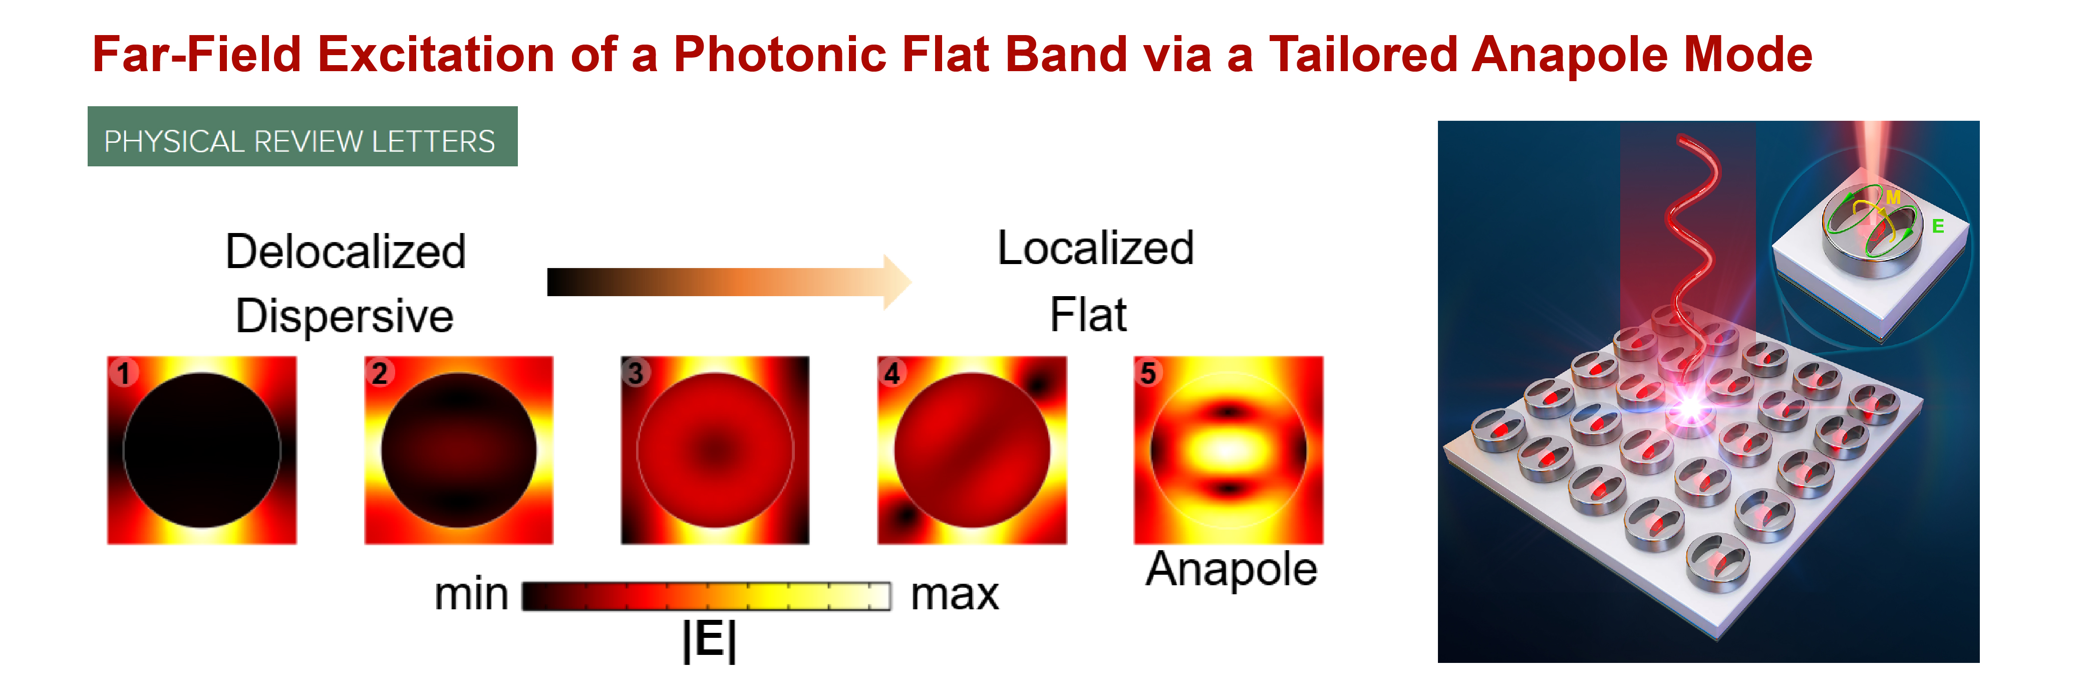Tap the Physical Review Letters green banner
tap(302, 136)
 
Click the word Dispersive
tap(344, 316)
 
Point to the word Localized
tap(1095, 248)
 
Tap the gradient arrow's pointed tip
tap(912, 282)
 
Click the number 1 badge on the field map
tap(123, 373)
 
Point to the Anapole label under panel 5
tap(1232, 570)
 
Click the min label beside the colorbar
tap(471, 595)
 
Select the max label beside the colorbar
tap(955, 595)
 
